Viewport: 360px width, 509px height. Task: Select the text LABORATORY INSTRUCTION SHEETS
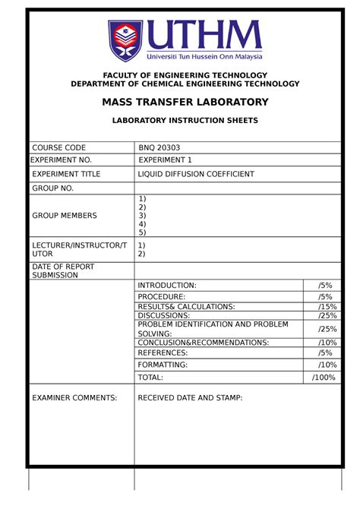pyautogui.click(x=185, y=120)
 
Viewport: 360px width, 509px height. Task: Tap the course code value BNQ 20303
pyautogui.click(x=160, y=147)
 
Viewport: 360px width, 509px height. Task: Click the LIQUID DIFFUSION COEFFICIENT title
pyautogui.click(x=196, y=174)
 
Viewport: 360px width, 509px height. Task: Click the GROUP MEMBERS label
pyautogui.click(x=64, y=216)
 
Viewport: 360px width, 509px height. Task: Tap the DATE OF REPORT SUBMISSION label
pyautogui.click(x=55, y=270)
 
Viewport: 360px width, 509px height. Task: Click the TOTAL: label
pyautogui.click(x=150, y=377)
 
